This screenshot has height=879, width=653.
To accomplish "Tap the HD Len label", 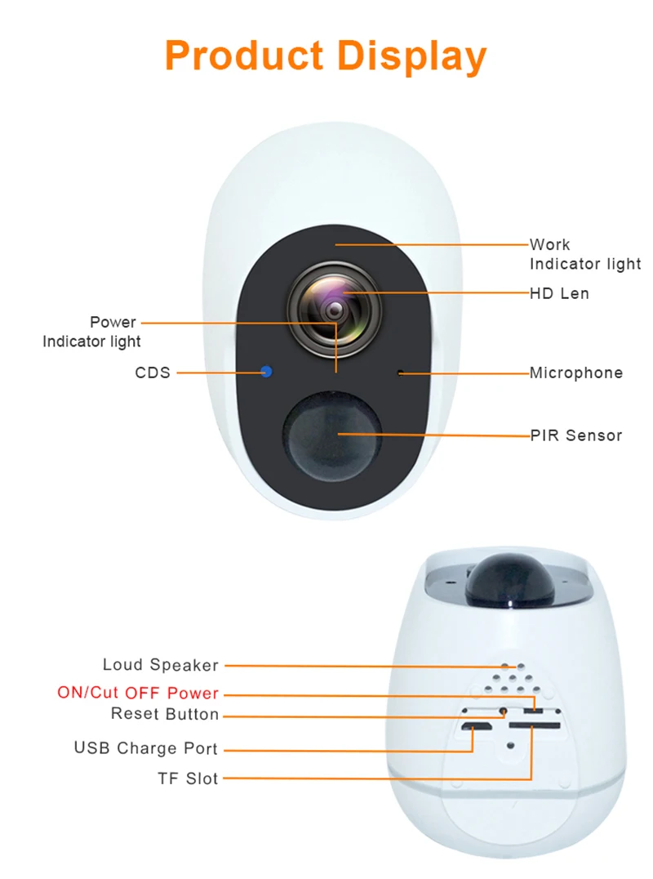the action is [559, 292].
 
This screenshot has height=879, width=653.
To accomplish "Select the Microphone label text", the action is [575, 373].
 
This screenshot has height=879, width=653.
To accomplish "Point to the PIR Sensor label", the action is [575, 435].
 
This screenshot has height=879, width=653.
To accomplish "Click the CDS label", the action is [153, 373].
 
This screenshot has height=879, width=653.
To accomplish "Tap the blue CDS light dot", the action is [266, 373].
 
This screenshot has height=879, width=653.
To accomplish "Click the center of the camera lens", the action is [335, 310].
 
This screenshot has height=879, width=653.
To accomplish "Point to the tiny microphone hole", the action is [400, 373].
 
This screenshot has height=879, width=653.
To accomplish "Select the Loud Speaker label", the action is [161, 665].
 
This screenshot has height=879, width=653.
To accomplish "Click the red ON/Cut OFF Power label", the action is [138, 693].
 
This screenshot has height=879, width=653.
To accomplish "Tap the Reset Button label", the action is [165, 715].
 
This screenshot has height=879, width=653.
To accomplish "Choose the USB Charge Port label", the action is [146, 748].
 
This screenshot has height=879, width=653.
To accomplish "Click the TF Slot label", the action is [189, 779].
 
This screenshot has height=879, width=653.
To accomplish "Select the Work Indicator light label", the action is [584, 254].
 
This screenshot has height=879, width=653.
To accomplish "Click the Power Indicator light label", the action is [92, 332].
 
